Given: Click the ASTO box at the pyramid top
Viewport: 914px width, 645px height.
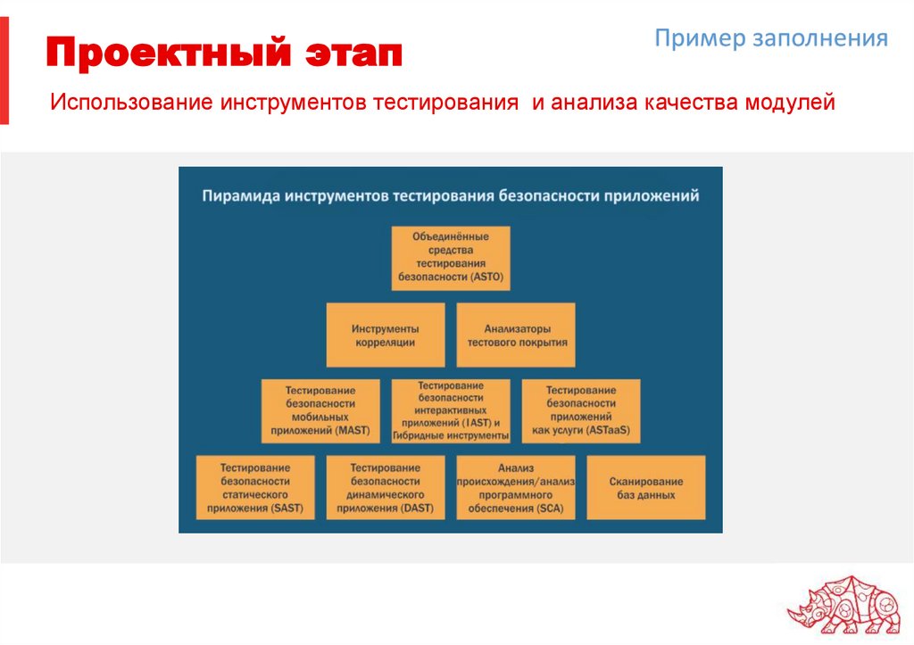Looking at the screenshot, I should pyautogui.click(x=451, y=257).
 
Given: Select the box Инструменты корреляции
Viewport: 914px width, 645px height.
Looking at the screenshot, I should pyautogui.click(x=385, y=335).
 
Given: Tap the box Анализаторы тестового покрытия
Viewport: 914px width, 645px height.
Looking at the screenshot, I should pyautogui.click(x=516, y=335).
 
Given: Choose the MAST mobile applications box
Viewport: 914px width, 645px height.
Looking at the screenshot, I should pyautogui.click(x=320, y=410).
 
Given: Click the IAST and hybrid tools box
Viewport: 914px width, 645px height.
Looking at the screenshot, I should pyautogui.click(x=451, y=410).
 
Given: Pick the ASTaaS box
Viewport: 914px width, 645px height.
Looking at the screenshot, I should pyautogui.click(x=581, y=410).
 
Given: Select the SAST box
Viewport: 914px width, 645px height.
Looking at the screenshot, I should pyautogui.click(x=255, y=487).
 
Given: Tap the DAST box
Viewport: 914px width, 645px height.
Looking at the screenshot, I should pyautogui.click(x=386, y=487).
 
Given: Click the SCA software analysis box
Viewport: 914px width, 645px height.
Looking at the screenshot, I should pyautogui.click(x=516, y=487).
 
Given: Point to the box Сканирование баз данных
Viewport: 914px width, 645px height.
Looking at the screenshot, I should pyautogui.click(x=646, y=487).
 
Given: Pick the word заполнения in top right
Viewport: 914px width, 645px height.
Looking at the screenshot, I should pyautogui.click(x=822, y=38).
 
